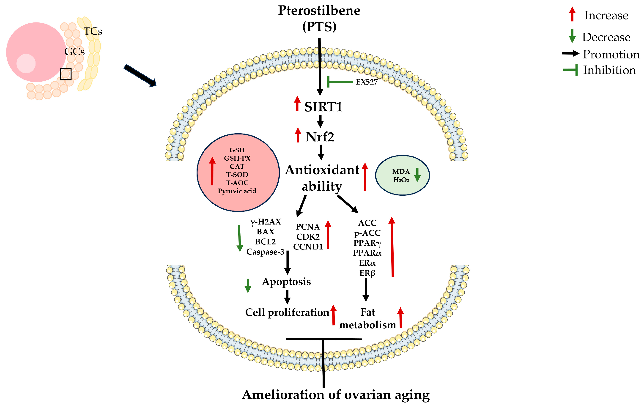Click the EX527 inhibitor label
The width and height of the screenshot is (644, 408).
pyautogui.click(x=366, y=82)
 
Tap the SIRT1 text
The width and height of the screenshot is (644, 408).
pyautogui.click(x=323, y=107)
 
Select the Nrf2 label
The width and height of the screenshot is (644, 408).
pyautogui.click(x=320, y=137)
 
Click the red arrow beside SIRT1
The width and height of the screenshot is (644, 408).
pyautogui.click(x=297, y=104)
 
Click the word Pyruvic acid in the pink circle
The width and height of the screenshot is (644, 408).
pyautogui.click(x=237, y=191)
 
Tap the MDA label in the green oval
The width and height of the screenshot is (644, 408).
pyautogui.click(x=401, y=171)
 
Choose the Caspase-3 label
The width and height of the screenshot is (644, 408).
pyautogui.click(x=265, y=252)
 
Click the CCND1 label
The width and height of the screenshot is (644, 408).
pyautogui.click(x=308, y=246)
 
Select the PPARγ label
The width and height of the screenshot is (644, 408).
pyautogui.click(x=367, y=243)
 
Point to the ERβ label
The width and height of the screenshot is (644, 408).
pyautogui.click(x=367, y=273)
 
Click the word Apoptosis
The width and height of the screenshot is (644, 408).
pyautogui.click(x=286, y=282)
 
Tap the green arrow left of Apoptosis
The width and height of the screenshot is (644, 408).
pyautogui.click(x=248, y=285)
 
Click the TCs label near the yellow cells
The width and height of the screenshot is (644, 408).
pyautogui.click(x=93, y=31)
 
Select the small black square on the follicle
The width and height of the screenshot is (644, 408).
pyautogui.click(x=66, y=74)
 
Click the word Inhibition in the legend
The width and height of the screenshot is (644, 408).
pyautogui.click(x=609, y=70)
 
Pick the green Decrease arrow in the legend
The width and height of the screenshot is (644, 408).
pyautogui.click(x=572, y=36)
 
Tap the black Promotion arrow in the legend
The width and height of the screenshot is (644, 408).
pyautogui.click(x=570, y=53)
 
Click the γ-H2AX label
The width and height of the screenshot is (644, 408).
pyautogui.click(x=265, y=222)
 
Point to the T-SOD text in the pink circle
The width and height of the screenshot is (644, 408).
pyautogui.click(x=237, y=175)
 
